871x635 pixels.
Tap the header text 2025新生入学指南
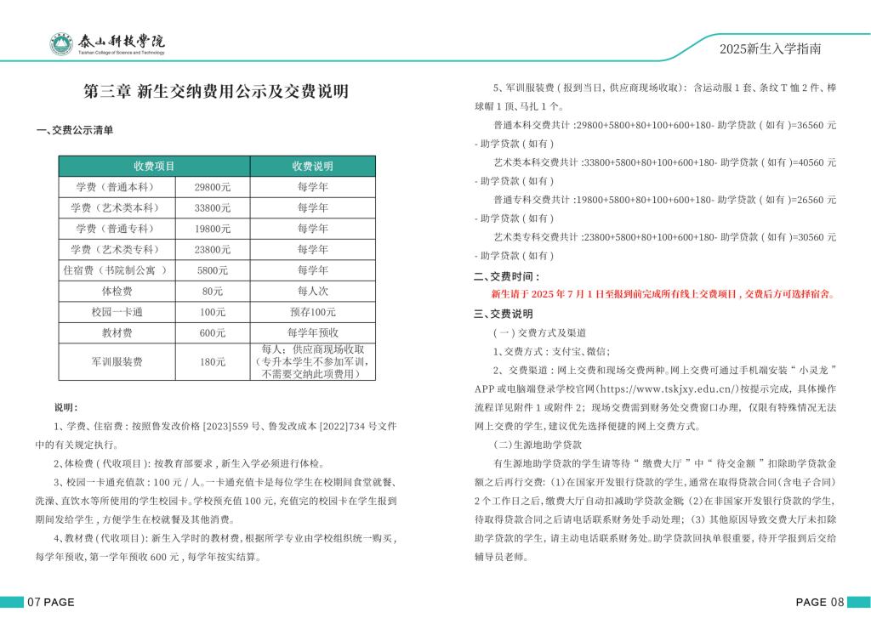coord(770,49)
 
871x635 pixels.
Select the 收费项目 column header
coord(154,166)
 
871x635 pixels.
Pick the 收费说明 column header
coord(313,166)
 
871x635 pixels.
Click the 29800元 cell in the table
coord(213,187)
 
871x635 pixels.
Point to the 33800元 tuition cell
coord(213,207)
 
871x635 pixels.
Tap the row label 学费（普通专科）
coord(116,229)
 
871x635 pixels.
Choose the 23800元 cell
coord(213,250)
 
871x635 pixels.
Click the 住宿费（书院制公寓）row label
coord(116,270)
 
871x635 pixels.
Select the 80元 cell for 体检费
coord(213,292)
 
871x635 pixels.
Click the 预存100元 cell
coord(313,312)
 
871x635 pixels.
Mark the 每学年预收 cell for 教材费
coord(313,333)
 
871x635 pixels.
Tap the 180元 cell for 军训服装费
coord(213,362)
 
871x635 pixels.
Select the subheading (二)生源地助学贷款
coord(538,445)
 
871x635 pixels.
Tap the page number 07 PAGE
coord(51,603)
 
